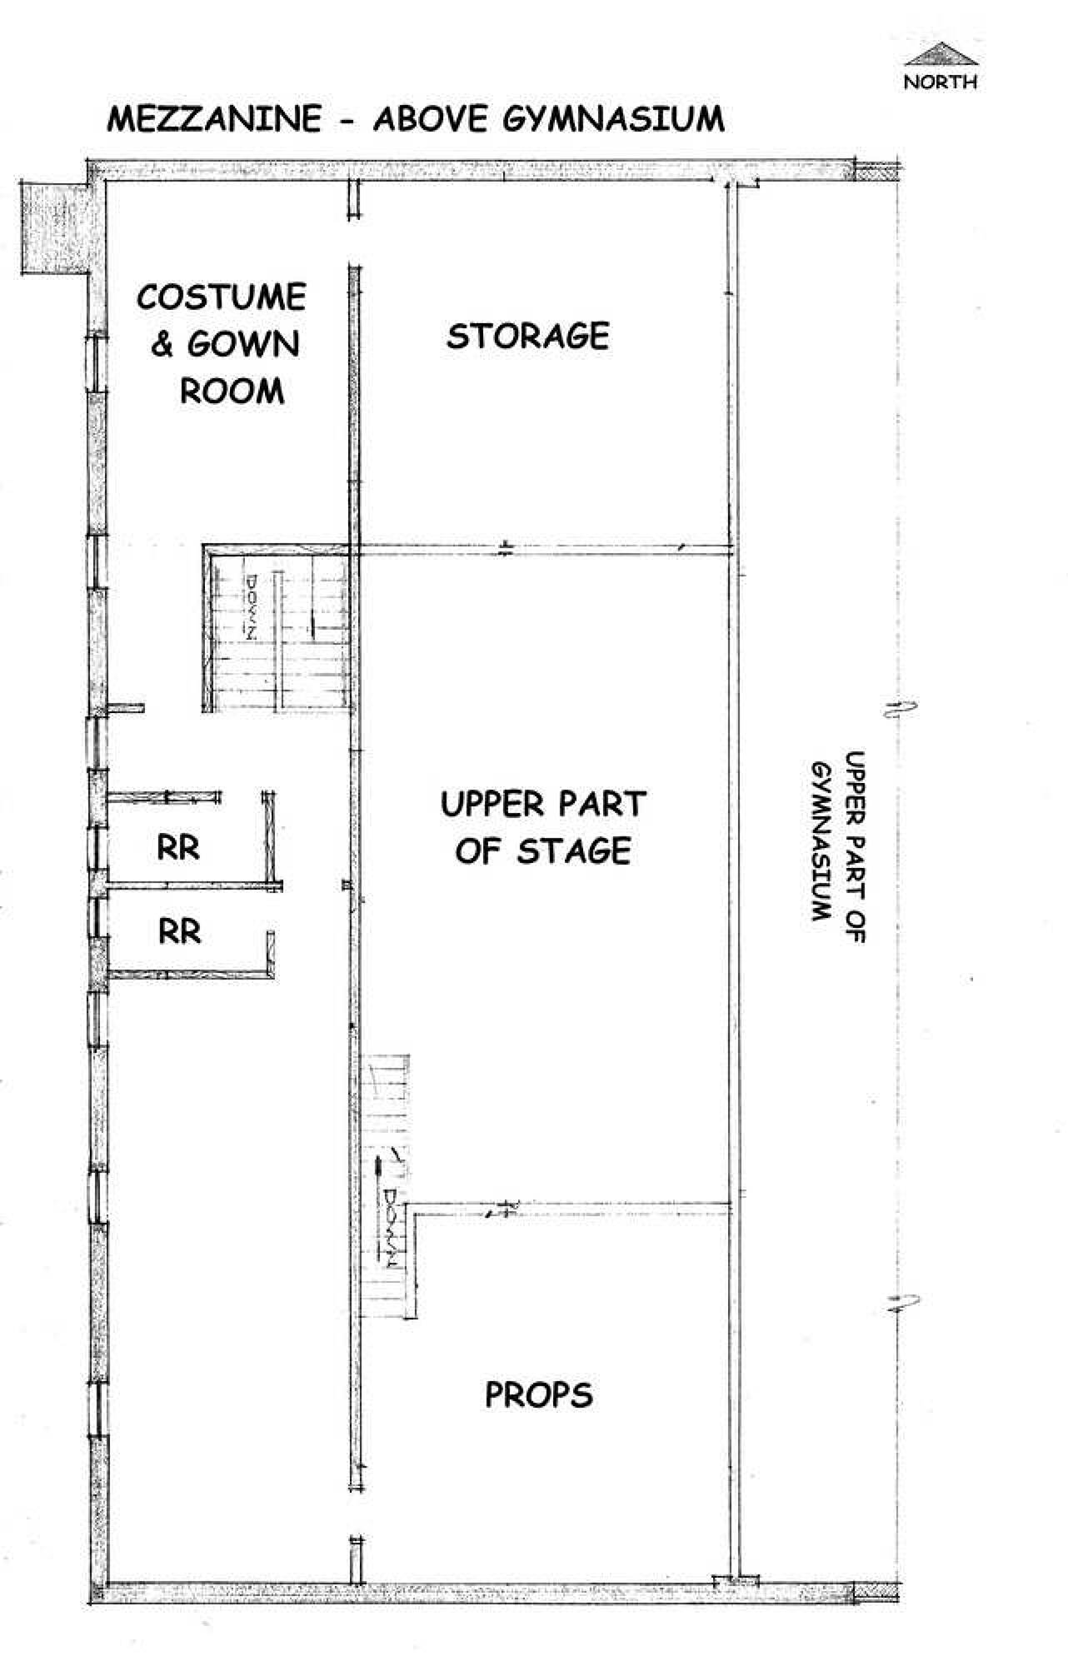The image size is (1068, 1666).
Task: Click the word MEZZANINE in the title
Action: coord(214,119)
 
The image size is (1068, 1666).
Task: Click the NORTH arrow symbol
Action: coord(941,54)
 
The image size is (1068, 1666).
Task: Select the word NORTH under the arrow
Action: coord(941,82)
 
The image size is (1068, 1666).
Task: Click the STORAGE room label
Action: coord(528,336)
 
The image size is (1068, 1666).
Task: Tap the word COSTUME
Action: coord(222,297)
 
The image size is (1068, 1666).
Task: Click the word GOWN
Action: coord(243,344)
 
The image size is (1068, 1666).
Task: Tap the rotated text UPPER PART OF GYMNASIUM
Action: coord(839,846)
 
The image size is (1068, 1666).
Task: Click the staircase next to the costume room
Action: coord(279,629)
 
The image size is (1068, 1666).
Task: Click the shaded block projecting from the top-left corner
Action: coord(55,227)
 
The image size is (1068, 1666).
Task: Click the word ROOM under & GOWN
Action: coord(232,390)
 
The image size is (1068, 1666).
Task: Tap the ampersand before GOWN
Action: coord(162,345)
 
